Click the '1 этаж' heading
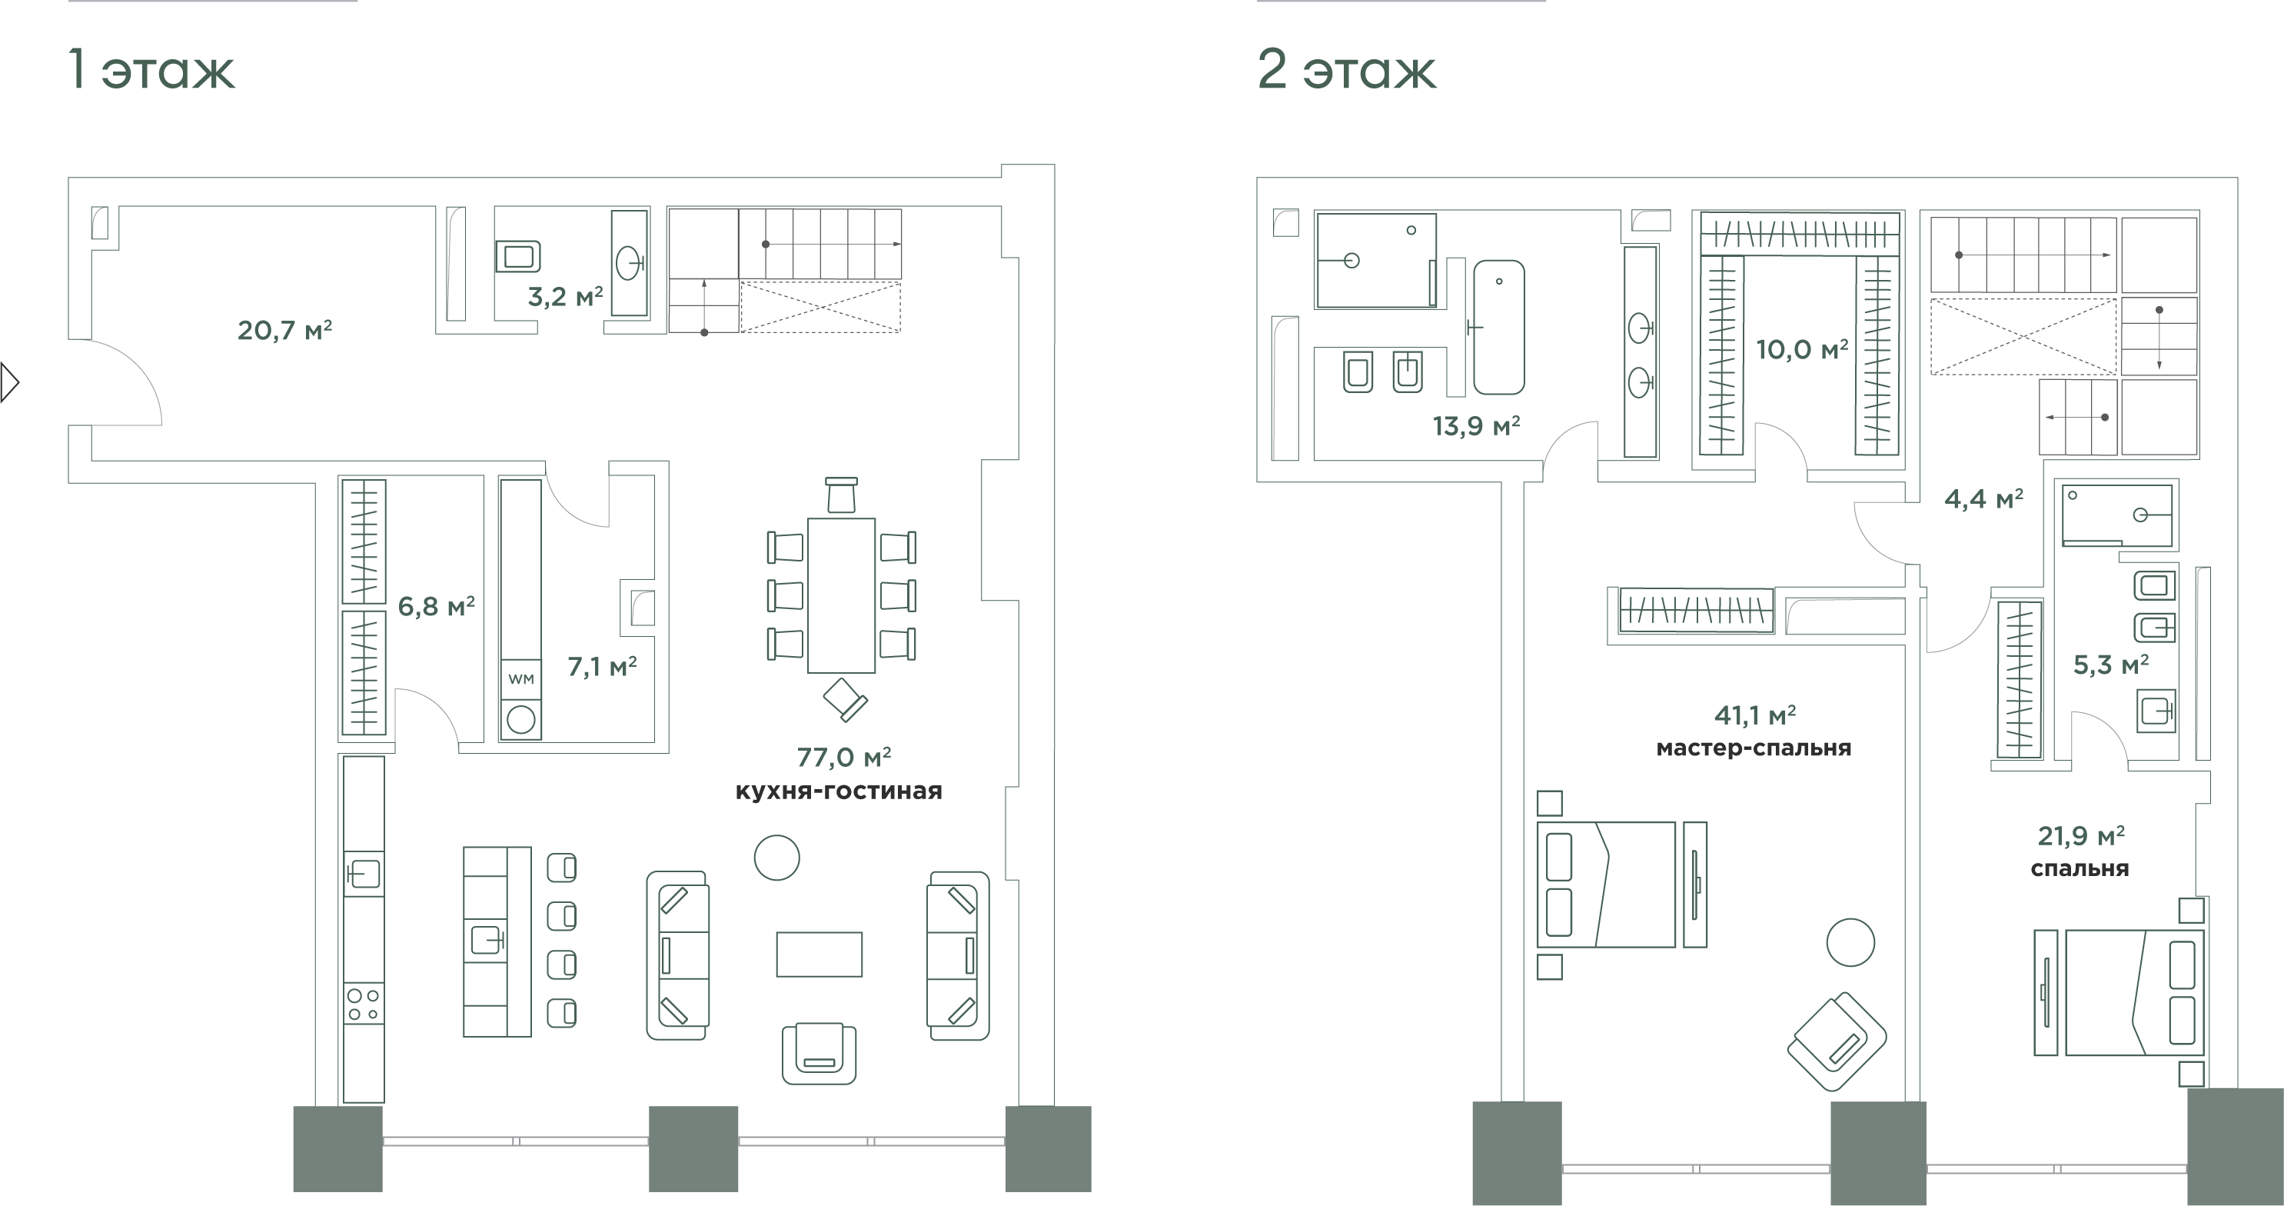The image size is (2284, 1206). tap(152, 70)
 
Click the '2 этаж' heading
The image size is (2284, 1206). tap(1346, 70)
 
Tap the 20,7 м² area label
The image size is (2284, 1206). tap(284, 330)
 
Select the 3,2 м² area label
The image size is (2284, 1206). tap(566, 296)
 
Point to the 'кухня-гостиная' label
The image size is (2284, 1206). tap(839, 791)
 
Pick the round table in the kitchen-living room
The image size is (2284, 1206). tap(776, 858)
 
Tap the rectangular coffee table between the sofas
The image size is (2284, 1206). tap(820, 954)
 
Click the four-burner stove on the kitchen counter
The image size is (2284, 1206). tap(364, 1004)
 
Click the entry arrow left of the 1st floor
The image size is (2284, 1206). tap(10, 383)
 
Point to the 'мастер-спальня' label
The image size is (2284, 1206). tap(1754, 748)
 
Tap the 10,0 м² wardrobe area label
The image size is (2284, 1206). tap(1803, 349)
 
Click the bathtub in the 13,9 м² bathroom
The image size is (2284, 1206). tap(1499, 327)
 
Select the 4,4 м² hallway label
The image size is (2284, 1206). tap(1983, 499)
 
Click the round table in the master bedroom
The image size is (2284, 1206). tap(1850, 941)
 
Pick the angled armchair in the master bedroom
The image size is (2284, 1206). tap(1837, 1042)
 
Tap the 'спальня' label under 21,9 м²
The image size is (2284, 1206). tap(2080, 869)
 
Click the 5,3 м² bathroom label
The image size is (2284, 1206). tap(2111, 665)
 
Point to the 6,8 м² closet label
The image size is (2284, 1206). tap(436, 607)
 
